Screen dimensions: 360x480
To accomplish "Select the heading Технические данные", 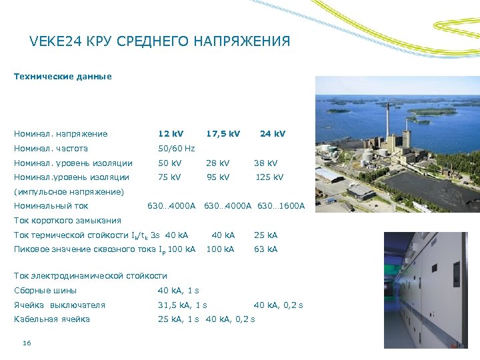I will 63,77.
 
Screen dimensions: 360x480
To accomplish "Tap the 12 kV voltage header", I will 171,133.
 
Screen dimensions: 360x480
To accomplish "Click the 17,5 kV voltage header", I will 223,133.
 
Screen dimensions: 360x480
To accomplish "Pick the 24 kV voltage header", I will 272,133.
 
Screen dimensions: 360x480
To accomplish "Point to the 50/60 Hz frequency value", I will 176,148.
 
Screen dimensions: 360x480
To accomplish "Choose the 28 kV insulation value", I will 217,163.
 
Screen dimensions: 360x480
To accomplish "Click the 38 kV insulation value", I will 265,163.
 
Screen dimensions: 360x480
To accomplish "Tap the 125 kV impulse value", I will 269,177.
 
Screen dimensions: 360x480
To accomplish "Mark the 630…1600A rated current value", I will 279,206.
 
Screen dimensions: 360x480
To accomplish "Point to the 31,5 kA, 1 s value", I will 182,305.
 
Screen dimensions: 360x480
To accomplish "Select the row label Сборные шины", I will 45,290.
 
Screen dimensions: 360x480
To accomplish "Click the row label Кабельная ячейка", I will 52,319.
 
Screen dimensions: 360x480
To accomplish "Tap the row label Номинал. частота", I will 51,148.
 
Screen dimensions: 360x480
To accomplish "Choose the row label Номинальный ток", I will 51,206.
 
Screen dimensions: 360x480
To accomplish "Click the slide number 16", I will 27,343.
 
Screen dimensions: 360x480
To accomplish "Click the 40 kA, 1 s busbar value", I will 178,290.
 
